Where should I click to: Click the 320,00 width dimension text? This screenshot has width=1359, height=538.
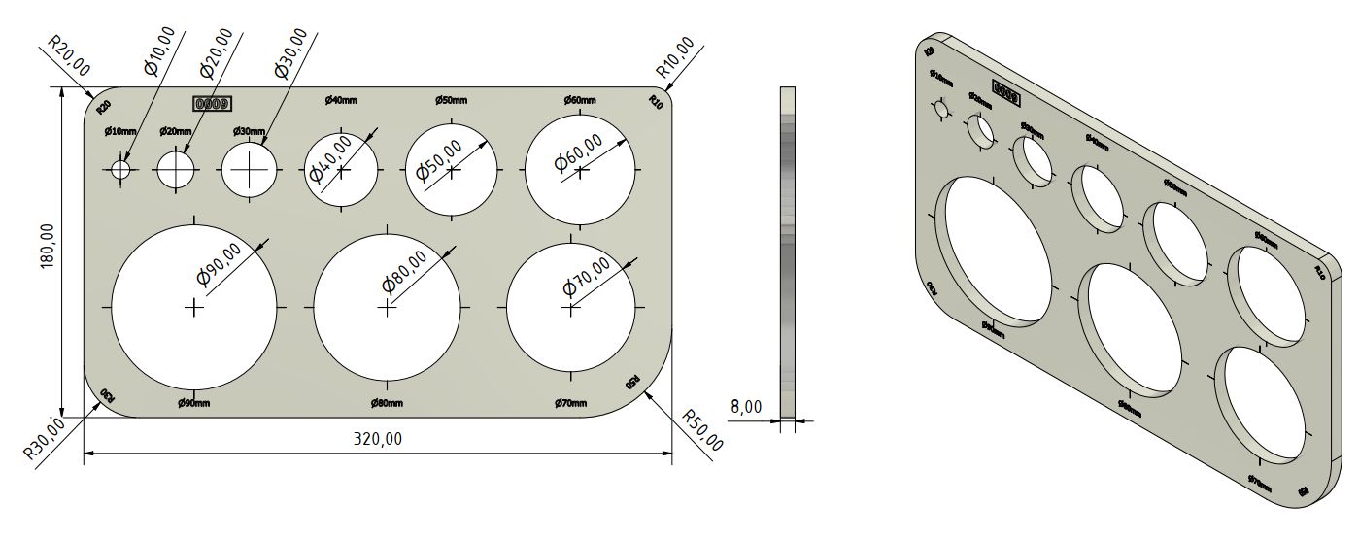click(x=378, y=439)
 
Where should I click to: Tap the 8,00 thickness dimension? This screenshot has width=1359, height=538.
click(x=746, y=407)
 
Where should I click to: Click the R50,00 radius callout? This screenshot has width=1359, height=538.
click(x=702, y=430)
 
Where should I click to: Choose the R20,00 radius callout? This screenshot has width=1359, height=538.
click(x=69, y=57)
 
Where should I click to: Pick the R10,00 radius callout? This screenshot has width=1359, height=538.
click(x=675, y=57)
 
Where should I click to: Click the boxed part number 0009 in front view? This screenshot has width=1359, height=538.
click(x=212, y=102)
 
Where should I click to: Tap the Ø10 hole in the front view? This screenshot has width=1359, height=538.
click(x=120, y=169)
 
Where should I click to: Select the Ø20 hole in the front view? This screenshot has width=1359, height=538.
click(x=176, y=169)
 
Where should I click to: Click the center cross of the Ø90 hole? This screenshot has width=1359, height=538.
click(x=194, y=307)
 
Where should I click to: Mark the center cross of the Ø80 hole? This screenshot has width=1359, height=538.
click(x=387, y=307)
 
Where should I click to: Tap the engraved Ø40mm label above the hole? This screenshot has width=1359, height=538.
click(x=341, y=100)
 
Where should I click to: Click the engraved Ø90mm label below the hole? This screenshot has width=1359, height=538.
click(x=194, y=403)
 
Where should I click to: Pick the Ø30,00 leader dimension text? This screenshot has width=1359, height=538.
click(x=291, y=53)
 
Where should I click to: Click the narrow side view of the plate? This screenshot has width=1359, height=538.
click(x=787, y=252)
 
